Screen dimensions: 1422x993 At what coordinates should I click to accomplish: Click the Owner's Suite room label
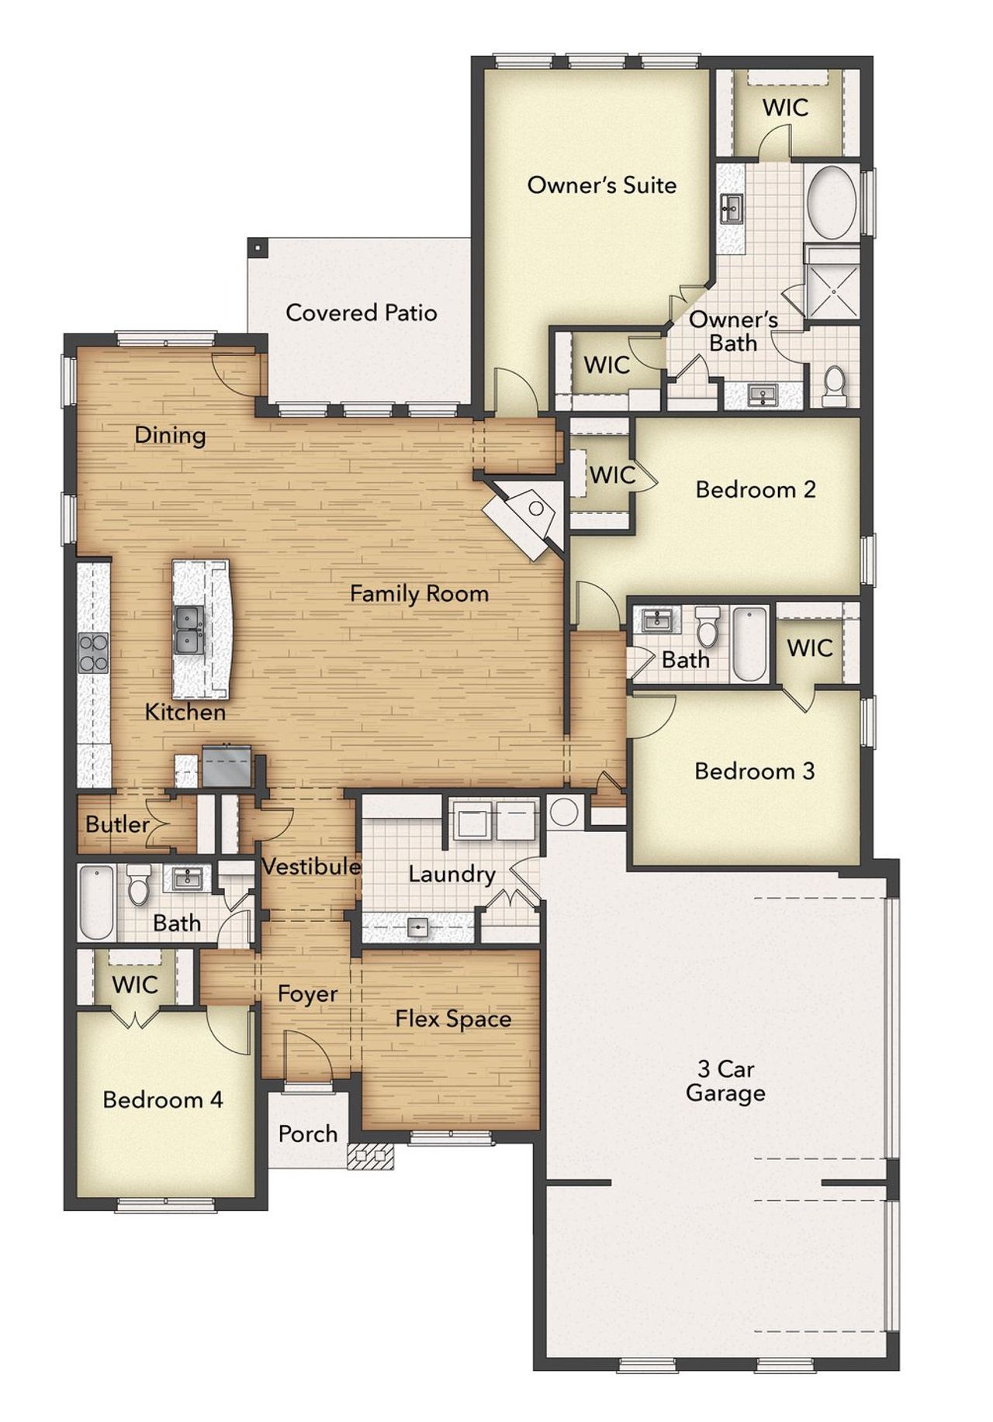pos(601,185)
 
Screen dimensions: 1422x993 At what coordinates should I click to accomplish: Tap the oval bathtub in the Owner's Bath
pos(832,202)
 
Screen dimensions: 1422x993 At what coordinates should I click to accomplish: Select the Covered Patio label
pos(361,312)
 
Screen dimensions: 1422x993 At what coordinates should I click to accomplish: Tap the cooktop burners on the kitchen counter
pos(93,652)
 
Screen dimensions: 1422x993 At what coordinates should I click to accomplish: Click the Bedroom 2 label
pos(755,489)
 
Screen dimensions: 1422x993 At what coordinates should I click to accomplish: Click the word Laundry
pos(452,874)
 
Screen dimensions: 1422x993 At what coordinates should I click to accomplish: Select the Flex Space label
pos(453,1019)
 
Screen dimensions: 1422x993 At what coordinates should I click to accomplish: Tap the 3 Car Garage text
pos(725,1081)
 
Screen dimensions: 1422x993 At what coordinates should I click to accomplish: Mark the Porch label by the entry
pos(308,1134)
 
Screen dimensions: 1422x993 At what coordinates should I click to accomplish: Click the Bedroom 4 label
pos(163,1099)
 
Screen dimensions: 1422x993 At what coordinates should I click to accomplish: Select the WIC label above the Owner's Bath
pos(785,107)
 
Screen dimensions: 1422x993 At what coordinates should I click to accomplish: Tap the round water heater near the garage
pos(564,812)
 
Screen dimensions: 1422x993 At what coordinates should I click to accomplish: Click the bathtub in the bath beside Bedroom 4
pos(96,902)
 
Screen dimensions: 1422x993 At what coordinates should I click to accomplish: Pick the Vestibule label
pos(311,866)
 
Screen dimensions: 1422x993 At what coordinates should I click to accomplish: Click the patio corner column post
pos(256,247)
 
